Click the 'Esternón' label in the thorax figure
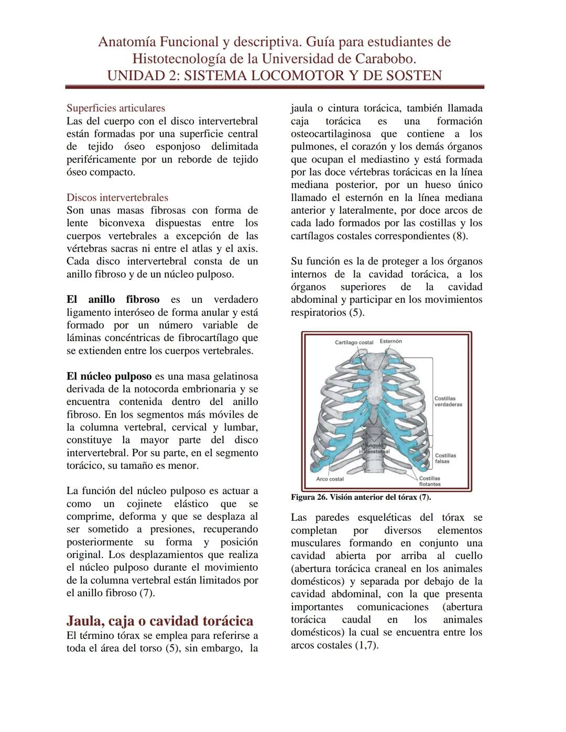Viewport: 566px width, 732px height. coord(390,341)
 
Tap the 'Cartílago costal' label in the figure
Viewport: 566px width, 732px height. coord(354,342)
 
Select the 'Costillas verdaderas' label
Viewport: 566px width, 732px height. coord(444,401)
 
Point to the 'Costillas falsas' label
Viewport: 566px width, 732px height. coord(445,458)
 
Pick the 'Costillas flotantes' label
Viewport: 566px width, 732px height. coord(429,481)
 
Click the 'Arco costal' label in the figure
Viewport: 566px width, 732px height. coord(330,479)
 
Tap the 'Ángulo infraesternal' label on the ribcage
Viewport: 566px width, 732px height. coord(374,448)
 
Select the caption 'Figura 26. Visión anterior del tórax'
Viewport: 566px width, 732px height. coord(361,497)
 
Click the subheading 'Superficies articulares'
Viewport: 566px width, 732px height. coord(115,108)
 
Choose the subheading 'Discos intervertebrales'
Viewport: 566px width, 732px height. coord(117,198)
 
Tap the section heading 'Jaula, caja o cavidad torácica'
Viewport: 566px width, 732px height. coord(159,621)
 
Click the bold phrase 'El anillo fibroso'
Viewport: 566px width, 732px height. coord(113,300)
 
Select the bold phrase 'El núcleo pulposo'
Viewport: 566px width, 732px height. coord(108,376)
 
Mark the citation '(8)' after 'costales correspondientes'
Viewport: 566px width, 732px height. coord(460,236)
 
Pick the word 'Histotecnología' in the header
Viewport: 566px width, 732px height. coord(185,58)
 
